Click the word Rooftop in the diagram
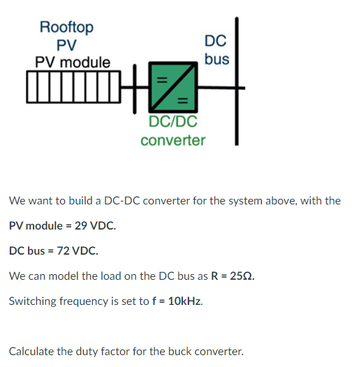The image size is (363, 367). tap(66, 27)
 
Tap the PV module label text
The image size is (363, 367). tap(73, 62)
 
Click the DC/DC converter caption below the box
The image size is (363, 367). tap(173, 131)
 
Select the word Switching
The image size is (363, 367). tap(32, 301)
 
